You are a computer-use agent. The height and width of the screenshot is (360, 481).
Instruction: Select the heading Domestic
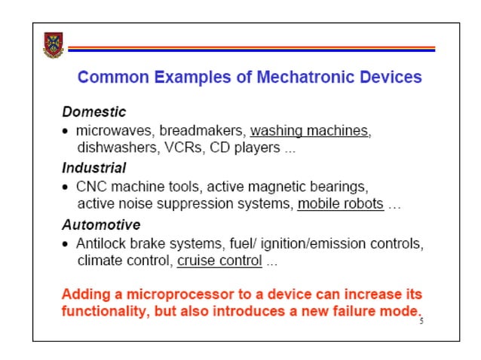pyautogui.click(x=93, y=112)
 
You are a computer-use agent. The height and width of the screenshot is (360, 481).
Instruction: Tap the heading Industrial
pyautogui.click(x=93, y=168)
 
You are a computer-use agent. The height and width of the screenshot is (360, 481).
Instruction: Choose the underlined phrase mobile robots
pyautogui.click(x=341, y=203)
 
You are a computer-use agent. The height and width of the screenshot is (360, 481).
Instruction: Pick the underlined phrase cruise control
pyautogui.click(x=219, y=261)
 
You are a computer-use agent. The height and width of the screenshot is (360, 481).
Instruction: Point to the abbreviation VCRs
pyautogui.click(x=182, y=148)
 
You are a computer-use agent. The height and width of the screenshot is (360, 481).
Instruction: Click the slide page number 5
pyautogui.click(x=421, y=320)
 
